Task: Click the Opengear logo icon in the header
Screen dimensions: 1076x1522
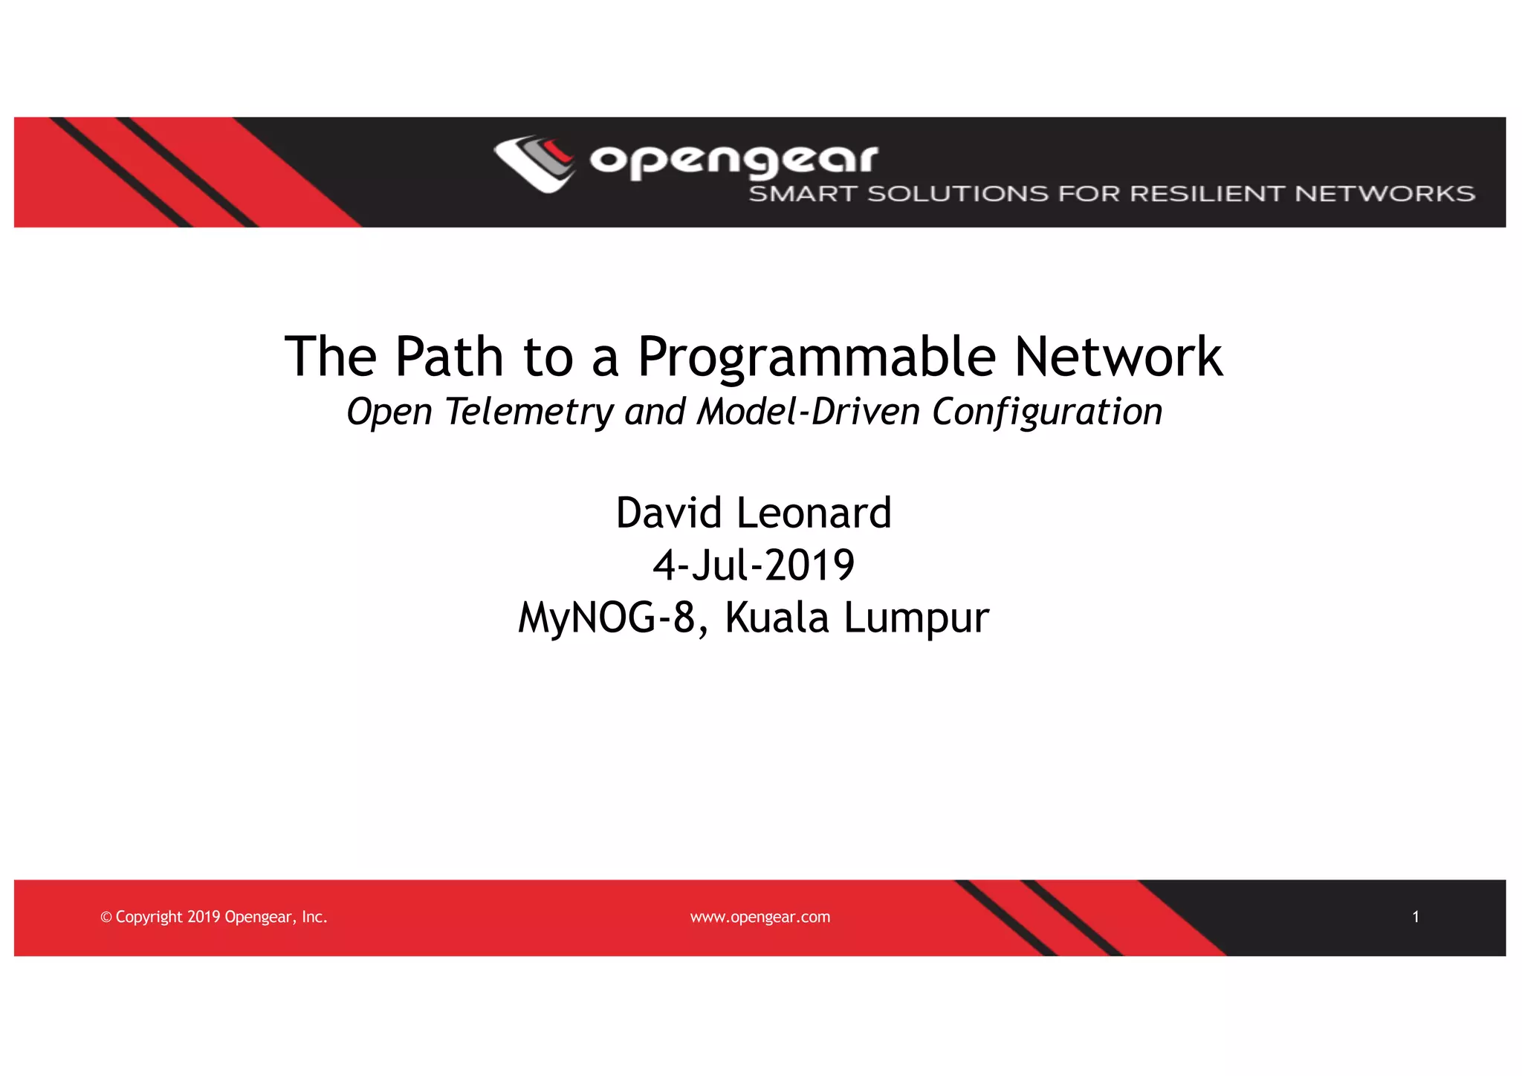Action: tap(534, 163)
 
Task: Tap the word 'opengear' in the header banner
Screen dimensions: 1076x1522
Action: tap(734, 160)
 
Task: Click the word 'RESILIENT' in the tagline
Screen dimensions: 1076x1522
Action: tap(1208, 194)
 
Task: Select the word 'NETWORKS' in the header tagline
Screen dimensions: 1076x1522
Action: tap(1385, 194)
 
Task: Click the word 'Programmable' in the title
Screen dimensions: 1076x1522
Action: tap(816, 357)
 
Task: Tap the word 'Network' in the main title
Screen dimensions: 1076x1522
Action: tap(1118, 357)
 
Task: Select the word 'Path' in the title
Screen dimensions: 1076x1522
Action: tap(449, 357)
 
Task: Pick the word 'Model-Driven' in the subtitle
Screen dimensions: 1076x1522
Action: tap(809, 412)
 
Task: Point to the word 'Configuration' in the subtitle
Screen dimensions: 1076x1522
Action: tap(1047, 412)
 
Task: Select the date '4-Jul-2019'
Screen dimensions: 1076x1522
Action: tap(754, 565)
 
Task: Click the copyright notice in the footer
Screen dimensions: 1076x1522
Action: tap(214, 917)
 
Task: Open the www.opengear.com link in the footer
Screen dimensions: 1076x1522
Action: tap(760, 917)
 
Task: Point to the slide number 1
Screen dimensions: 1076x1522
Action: tap(1416, 917)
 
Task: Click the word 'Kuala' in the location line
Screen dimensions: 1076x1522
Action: tap(777, 618)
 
